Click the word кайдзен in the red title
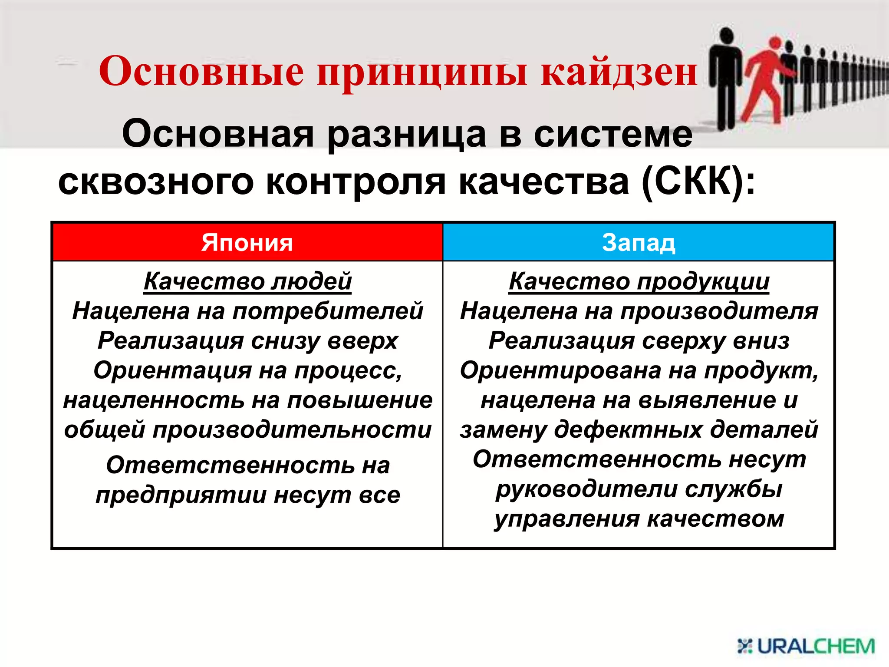(x=619, y=72)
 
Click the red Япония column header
(x=247, y=242)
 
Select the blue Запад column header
(x=639, y=242)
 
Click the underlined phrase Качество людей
(x=247, y=281)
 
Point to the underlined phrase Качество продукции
(x=639, y=281)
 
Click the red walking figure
(x=766, y=78)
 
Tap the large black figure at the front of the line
(x=725, y=78)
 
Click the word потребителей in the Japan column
(x=328, y=311)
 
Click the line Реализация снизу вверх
(x=247, y=340)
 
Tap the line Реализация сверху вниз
(x=639, y=340)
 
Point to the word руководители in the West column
(x=586, y=489)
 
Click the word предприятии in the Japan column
(x=181, y=495)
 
